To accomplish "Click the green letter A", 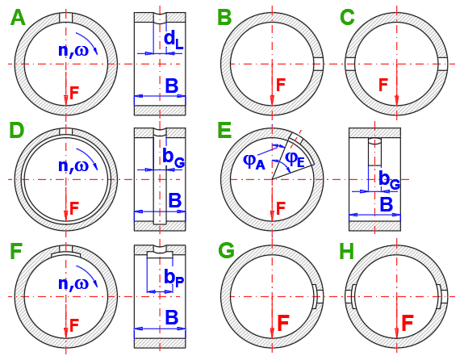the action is coord(18,18).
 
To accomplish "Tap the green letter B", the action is coord(224,18).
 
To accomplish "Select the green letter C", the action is coord(348,18).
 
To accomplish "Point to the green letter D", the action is coord(17,131).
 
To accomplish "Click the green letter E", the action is coord(224,131).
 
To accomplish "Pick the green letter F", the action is coord(16,251).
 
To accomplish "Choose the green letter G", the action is coord(226,251).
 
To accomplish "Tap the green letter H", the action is coord(347,251).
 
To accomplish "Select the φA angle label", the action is coord(254,161).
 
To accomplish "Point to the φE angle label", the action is coord(295,160).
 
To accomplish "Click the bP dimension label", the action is coord(174,278).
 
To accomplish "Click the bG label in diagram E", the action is coord(390,179).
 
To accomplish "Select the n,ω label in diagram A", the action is coord(73,50).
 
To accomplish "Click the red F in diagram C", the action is coord(383,85).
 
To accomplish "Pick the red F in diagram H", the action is coord(408,324).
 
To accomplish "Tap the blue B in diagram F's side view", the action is coord(172,317).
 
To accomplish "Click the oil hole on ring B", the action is coord(319,64).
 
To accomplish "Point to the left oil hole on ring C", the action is coord(349,64).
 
